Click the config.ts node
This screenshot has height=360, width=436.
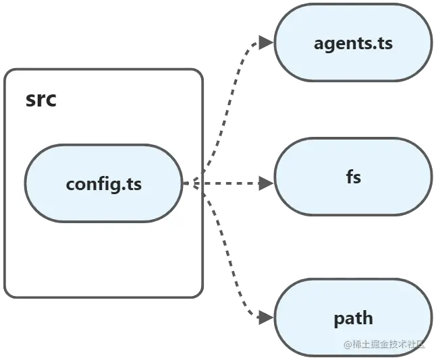click(103, 183)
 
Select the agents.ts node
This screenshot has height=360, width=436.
click(352, 44)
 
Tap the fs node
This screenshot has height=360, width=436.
click(352, 178)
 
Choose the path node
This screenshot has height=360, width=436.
click(352, 318)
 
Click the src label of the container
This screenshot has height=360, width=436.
click(41, 100)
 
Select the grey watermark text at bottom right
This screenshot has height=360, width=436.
click(385, 344)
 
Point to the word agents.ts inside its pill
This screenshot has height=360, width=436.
click(352, 44)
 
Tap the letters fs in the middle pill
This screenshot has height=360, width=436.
click(352, 178)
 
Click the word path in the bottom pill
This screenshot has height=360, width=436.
click(352, 318)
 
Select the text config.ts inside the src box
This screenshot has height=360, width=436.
click(103, 183)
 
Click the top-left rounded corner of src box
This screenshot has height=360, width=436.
click(9, 73)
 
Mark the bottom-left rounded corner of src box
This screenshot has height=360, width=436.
click(9, 293)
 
